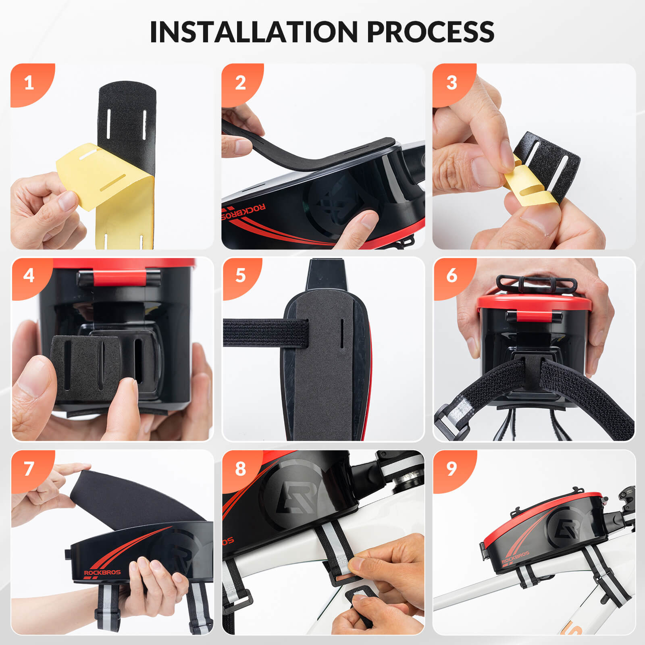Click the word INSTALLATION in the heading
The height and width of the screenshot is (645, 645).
tap(254, 31)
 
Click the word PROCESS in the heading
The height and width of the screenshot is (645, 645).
tap(431, 31)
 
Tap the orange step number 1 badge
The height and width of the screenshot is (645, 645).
tap(29, 83)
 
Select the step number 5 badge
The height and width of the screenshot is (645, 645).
tap(240, 276)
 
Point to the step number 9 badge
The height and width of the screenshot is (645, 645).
tap(451, 468)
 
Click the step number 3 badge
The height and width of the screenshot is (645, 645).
tap(451, 83)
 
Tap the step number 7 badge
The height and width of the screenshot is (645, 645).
tap(29, 468)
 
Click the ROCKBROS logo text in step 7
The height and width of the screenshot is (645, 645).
tap(102, 572)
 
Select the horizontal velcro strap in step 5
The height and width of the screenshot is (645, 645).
tap(266, 333)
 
